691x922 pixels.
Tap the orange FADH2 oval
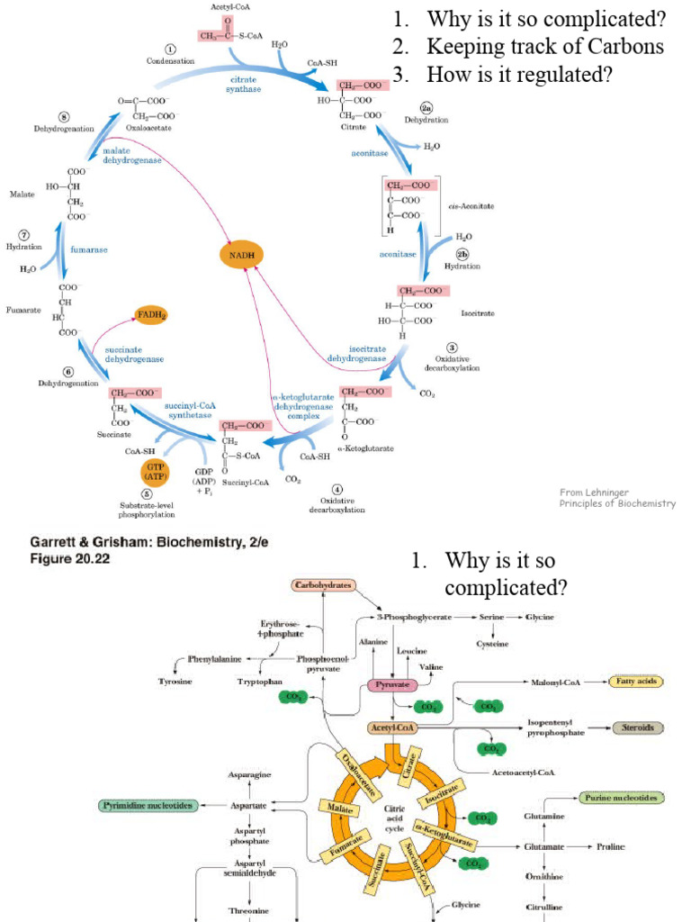pyautogui.click(x=151, y=316)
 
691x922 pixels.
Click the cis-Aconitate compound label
pyautogui.click(x=471, y=206)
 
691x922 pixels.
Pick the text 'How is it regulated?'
pyautogui.click(x=520, y=75)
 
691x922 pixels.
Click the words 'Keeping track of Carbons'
pyautogui.click(x=545, y=47)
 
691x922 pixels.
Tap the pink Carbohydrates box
pyautogui.click(x=324, y=585)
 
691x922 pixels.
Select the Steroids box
pyautogui.click(x=638, y=728)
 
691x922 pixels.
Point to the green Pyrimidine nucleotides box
pyautogui.click(x=148, y=805)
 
